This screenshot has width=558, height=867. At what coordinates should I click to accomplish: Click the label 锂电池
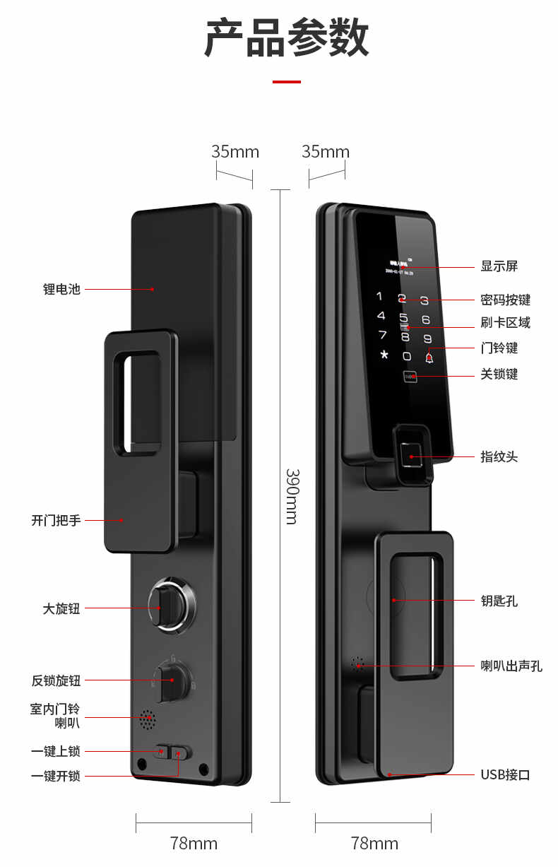pos(61,289)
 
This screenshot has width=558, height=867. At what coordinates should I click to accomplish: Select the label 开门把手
pos(56,521)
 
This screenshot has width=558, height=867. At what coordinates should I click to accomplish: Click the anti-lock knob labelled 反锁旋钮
pos(172,680)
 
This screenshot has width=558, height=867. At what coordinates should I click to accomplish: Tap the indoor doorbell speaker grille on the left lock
pos(147,720)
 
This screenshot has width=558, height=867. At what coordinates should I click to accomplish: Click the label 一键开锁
pos(56,776)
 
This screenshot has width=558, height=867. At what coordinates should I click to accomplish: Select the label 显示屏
pos(499,266)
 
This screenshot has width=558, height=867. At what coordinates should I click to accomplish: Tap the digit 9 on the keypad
pos(427,338)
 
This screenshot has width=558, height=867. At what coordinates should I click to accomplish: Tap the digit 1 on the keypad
pos(379,297)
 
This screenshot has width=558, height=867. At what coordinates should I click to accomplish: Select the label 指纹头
pos(499,457)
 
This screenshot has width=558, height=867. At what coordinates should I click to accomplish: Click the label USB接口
pos(505,775)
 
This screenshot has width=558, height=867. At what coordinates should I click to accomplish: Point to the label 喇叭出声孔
pos(511,666)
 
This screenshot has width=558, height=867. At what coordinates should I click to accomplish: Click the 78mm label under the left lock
pos(194,843)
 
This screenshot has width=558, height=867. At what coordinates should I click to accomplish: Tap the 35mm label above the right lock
pos(326,152)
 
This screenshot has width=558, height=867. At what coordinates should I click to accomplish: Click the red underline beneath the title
pos(286,82)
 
